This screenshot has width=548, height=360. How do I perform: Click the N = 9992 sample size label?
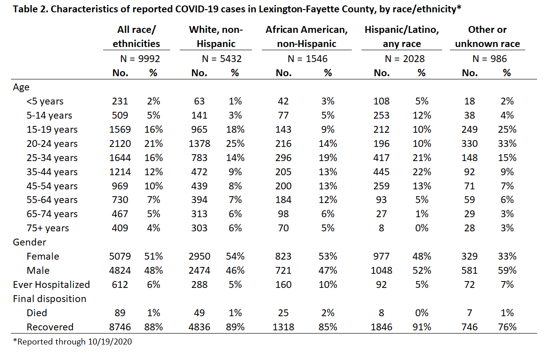140,59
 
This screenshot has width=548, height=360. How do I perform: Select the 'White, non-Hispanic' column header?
216,37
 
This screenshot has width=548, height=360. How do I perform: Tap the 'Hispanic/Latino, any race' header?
402,37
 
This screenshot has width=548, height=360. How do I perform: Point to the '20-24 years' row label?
52,144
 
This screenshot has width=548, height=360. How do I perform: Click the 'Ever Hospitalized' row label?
52,285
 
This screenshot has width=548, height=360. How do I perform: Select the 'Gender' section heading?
29,242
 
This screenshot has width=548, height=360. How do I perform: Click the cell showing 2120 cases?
120,144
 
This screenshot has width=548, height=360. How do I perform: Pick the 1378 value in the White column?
199,144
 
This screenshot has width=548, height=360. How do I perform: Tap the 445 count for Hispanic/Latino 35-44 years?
381,172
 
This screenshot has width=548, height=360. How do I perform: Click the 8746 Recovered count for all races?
120,327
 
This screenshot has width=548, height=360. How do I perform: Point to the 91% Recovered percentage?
422,327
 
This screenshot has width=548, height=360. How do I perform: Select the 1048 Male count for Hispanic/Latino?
381,271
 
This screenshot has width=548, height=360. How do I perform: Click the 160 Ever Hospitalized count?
283,285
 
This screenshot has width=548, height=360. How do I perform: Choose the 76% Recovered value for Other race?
507,327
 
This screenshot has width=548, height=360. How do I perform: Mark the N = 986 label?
490,59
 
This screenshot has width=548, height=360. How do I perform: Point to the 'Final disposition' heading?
49,299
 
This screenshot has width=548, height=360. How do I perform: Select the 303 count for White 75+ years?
199,228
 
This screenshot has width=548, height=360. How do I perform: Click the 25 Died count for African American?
283,313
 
